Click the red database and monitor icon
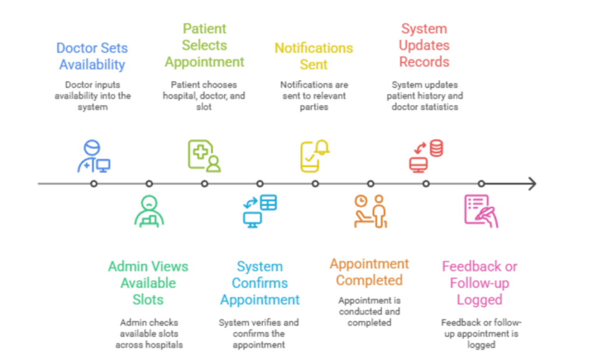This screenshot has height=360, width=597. (x=426, y=157)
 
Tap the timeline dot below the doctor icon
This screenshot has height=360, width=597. (x=94, y=184)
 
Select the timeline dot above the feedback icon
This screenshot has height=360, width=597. (x=482, y=184)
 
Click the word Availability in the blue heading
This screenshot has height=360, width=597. (x=92, y=65)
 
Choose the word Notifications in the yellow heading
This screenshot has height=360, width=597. (x=314, y=48)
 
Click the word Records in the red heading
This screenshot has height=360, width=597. (x=424, y=62)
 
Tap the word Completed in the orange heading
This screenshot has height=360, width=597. (x=369, y=280)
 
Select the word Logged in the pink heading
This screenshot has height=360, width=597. (x=479, y=300)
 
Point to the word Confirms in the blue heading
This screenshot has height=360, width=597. (x=260, y=283)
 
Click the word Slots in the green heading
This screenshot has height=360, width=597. (x=148, y=300)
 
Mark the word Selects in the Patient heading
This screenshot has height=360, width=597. (x=204, y=45)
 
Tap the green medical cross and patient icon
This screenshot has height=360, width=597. (x=204, y=156)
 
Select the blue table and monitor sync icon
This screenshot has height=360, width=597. (x=259, y=211)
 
